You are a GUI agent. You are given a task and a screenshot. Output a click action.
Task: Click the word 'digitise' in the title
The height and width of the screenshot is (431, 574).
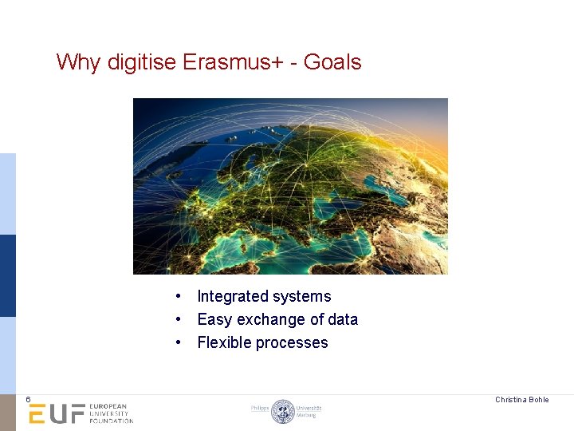click(140, 62)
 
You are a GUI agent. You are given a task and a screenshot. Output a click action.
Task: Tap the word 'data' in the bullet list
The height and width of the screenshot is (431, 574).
click(343, 319)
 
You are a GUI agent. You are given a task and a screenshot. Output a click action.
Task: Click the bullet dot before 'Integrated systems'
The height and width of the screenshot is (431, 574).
click(181, 296)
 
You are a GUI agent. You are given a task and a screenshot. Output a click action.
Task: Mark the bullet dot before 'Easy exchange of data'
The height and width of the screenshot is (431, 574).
click(181, 319)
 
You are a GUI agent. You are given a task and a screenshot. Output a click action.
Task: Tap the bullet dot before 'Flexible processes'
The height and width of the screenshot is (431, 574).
click(181, 342)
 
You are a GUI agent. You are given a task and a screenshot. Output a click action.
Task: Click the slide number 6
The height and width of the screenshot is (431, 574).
click(27, 399)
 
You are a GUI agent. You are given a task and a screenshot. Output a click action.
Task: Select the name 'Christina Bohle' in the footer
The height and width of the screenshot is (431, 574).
click(521, 399)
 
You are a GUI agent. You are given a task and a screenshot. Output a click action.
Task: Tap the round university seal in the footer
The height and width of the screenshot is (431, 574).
click(282, 411)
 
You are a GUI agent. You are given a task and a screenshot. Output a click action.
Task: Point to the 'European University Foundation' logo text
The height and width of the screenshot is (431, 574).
click(111, 413)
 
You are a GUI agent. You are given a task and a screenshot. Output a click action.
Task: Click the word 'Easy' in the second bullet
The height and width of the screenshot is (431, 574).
click(214, 319)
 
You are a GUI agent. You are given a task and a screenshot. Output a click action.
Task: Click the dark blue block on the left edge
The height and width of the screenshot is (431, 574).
click(7, 275)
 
